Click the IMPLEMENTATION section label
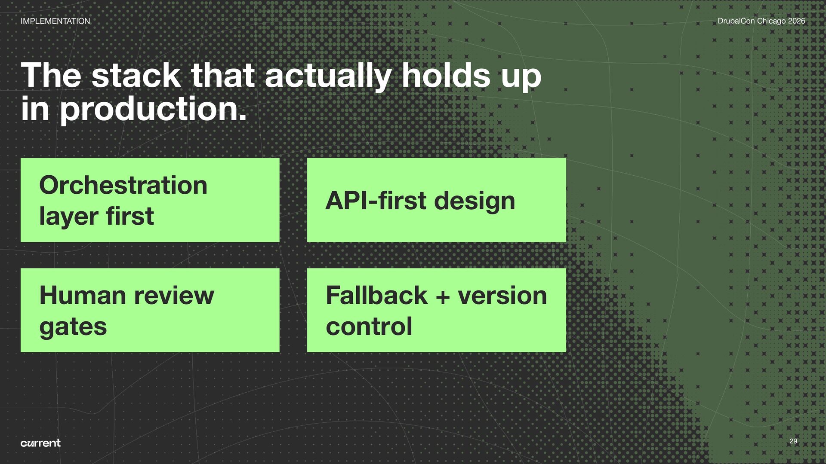[55, 21]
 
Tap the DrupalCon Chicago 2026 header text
[761, 21]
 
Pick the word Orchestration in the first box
[123, 185]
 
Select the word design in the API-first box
[475, 201]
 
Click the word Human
[82, 296]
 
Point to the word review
[174, 296]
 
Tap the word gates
[73, 327]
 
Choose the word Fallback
[376, 296]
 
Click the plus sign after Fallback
[442, 296]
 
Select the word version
[502, 296]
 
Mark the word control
[369, 327]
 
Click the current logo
[40, 443]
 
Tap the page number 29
[793, 441]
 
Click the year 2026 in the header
[796, 21]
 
